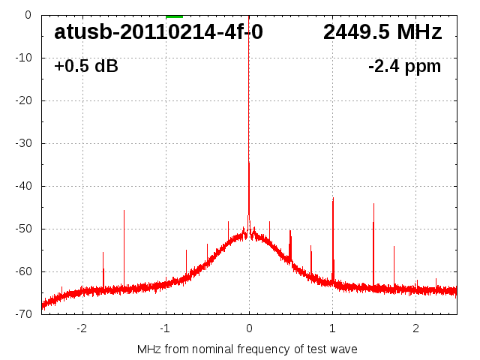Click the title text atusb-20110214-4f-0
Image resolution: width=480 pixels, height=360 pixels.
[x=158, y=32]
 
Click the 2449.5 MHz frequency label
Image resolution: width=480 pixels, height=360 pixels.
[x=382, y=32]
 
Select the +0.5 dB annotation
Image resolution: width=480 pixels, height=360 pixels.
[x=85, y=66]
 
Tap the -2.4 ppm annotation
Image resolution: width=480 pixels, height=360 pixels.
[x=404, y=66]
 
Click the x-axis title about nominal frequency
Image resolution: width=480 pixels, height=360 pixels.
[x=247, y=349]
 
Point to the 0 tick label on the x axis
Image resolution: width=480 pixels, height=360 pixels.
[x=249, y=328]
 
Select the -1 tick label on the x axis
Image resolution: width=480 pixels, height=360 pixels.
[x=164, y=328]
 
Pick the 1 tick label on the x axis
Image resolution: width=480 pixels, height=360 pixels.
[x=332, y=328]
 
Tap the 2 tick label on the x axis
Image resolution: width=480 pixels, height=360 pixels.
[x=415, y=328]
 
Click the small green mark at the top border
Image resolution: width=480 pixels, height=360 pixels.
[x=174, y=16]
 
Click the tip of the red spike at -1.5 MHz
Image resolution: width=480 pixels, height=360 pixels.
[x=124, y=211]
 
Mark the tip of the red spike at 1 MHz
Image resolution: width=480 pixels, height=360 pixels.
[x=333, y=198]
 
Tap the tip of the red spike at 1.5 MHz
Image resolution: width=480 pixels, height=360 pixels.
[x=373, y=204]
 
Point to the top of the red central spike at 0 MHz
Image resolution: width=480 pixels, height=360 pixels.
[x=249, y=163]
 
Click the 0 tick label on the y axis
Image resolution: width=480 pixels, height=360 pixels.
[x=27, y=15]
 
